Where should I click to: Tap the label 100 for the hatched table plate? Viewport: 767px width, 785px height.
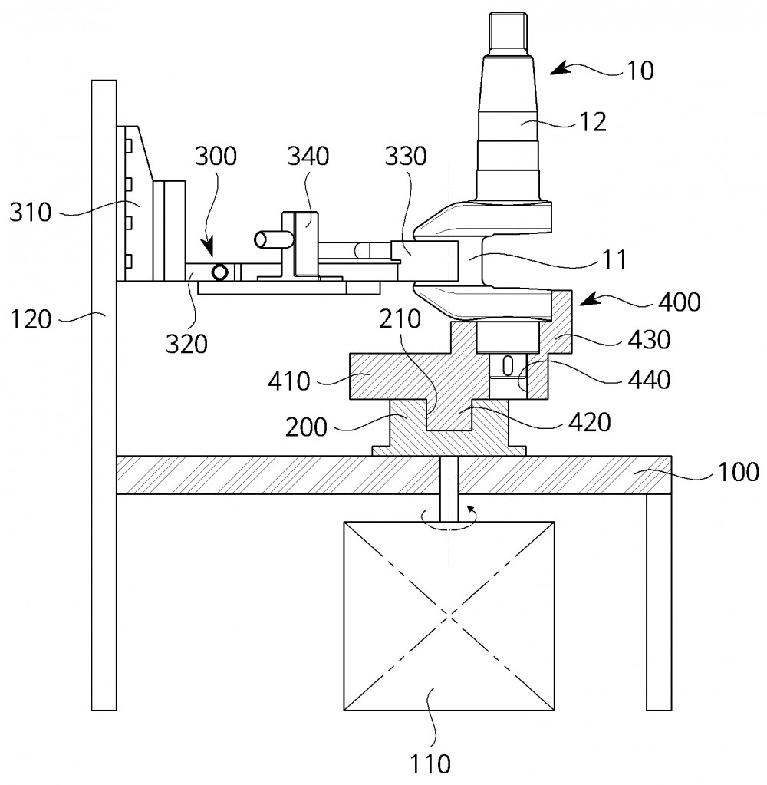[x=739, y=472]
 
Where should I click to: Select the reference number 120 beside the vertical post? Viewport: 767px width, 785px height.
[x=31, y=319]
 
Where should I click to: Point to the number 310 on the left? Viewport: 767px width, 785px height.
[x=31, y=213]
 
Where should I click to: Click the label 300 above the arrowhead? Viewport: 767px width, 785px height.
[x=215, y=157]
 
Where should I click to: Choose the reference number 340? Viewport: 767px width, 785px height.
[x=308, y=157]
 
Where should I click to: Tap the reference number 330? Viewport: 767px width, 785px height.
[x=406, y=157]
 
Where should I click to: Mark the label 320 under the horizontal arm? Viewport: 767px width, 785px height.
[x=186, y=344]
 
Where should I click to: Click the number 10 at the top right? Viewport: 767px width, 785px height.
[x=640, y=71]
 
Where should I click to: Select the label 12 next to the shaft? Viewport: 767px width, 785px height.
[x=593, y=122]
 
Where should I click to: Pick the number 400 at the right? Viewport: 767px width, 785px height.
[x=679, y=302]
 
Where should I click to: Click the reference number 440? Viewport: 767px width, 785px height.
[x=650, y=380]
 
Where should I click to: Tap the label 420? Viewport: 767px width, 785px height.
[x=590, y=423]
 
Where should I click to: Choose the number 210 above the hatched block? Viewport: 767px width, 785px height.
[x=400, y=319]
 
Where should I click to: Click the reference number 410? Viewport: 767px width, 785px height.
[x=288, y=382]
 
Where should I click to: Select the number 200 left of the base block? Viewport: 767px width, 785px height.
[x=306, y=428]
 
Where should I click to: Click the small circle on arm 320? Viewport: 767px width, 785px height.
[x=219, y=272]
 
